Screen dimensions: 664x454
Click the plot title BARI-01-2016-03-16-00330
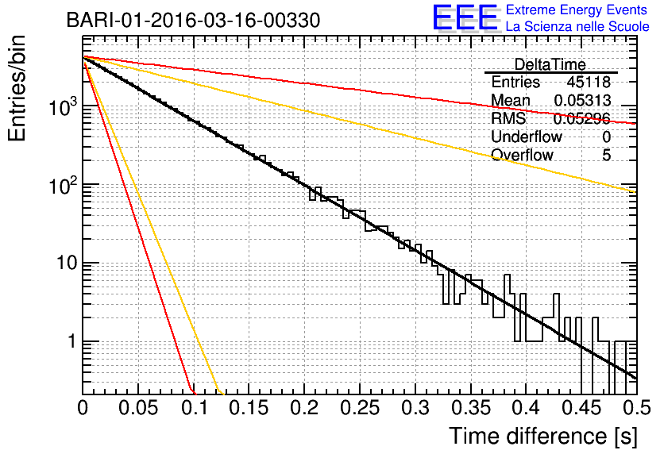193,20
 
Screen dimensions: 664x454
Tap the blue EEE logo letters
465,17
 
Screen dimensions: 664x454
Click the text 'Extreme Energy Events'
577,10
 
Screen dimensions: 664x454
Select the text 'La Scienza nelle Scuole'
577,27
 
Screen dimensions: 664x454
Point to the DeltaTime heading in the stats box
550,64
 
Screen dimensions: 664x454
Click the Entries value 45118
589,82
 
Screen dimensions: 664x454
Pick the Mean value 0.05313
582,100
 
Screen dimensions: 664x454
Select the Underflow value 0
606,137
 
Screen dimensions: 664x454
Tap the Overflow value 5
606,155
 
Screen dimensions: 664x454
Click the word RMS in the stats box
508,118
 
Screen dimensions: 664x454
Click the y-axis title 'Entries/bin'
17,88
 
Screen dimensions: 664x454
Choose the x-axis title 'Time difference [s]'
543,437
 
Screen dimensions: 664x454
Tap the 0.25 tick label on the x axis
360,408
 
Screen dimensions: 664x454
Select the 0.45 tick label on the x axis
581,408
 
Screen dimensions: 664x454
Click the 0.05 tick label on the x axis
138,408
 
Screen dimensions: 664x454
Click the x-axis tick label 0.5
637,408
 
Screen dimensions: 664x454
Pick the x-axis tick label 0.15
249,408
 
